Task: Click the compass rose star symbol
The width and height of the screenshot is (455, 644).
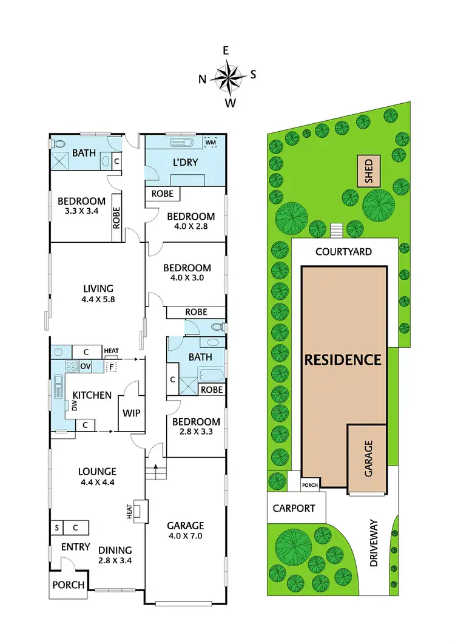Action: click(227, 77)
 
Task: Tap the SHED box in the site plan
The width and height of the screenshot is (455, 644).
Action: click(367, 171)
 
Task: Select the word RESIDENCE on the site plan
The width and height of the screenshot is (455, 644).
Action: click(343, 359)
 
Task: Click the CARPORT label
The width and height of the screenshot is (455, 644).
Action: click(294, 507)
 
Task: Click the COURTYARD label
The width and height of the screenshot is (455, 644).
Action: click(343, 251)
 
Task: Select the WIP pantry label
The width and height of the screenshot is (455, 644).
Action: click(132, 413)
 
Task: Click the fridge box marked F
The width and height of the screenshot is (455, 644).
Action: click(111, 367)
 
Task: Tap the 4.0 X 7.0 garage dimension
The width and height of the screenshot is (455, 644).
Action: click(186, 536)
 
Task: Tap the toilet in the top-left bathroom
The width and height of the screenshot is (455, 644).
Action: click(59, 144)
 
